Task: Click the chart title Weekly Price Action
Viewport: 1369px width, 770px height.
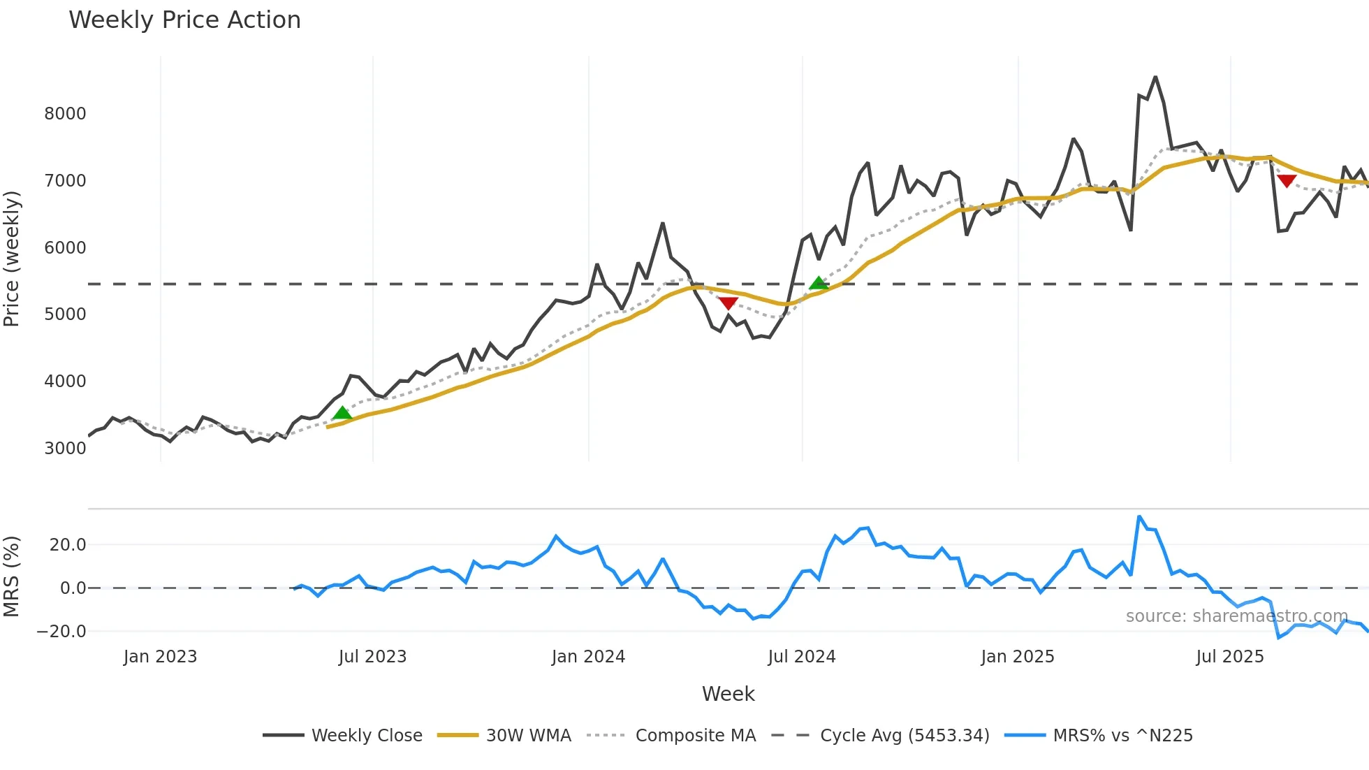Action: point(184,20)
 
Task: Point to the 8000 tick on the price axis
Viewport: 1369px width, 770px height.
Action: point(65,114)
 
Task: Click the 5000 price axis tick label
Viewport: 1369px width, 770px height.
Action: point(65,314)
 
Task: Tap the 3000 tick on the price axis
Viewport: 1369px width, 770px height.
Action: point(65,449)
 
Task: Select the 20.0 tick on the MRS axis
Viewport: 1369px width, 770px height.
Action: point(68,545)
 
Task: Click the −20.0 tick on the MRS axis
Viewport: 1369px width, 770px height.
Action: point(61,632)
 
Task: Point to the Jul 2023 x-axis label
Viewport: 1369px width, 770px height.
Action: point(372,657)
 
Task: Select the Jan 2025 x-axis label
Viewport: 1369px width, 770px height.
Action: point(1017,657)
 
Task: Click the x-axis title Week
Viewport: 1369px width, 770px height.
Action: point(728,694)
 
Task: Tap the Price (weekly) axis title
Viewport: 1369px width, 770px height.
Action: point(12,259)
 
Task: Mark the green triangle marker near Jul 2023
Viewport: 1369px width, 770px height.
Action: point(342,413)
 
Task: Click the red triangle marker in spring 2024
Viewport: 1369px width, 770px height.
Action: point(729,303)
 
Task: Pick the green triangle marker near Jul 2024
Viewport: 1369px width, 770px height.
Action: point(819,283)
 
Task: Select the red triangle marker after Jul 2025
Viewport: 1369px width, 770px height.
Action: point(1287,181)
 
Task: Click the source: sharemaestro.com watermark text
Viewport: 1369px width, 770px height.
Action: point(1236,616)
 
